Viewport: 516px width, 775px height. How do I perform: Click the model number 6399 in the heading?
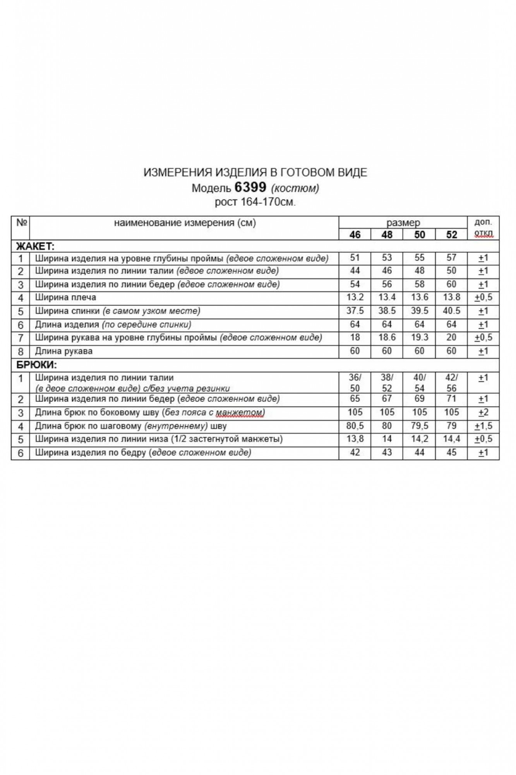(250, 188)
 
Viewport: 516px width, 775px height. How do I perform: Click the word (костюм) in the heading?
(295, 188)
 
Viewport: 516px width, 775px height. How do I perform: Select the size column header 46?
(355, 234)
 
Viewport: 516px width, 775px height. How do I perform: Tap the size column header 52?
(451, 234)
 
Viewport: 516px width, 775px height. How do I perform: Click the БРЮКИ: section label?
(36, 365)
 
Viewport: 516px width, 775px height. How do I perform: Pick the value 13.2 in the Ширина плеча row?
(355, 298)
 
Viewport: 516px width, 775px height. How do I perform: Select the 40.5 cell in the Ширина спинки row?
(451, 311)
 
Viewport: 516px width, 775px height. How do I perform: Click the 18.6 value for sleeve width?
(387, 338)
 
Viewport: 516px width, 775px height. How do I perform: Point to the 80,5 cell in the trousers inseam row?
(355, 426)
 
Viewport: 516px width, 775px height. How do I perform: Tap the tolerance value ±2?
(483, 412)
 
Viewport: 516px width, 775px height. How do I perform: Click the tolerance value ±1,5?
(483, 426)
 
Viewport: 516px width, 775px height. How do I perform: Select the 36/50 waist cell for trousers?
(355, 383)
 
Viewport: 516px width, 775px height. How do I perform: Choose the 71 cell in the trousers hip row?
(451, 399)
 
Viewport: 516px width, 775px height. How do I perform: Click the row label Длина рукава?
(63, 351)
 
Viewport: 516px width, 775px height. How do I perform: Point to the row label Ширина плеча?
(65, 298)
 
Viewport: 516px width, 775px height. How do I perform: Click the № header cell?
(21, 223)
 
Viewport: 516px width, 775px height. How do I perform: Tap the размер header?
(403, 223)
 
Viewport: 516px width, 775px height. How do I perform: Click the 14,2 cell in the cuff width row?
(419, 439)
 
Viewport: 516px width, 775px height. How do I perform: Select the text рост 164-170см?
(255, 202)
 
